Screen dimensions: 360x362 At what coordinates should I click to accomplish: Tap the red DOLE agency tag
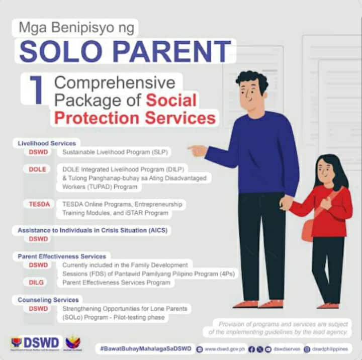point(37,169)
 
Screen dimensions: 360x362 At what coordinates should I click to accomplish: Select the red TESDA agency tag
point(39,204)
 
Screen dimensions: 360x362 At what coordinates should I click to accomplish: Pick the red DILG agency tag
point(37,283)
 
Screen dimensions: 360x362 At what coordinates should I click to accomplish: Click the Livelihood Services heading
point(46,143)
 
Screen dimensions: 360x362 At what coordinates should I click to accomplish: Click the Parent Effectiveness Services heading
point(61,256)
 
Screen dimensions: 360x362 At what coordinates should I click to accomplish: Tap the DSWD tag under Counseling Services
point(38,308)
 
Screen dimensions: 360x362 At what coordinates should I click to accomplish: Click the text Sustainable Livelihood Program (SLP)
point(115,152)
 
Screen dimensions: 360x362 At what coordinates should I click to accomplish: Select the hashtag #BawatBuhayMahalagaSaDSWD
point(145,348)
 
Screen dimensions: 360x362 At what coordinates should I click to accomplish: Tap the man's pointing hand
point(198,150)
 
